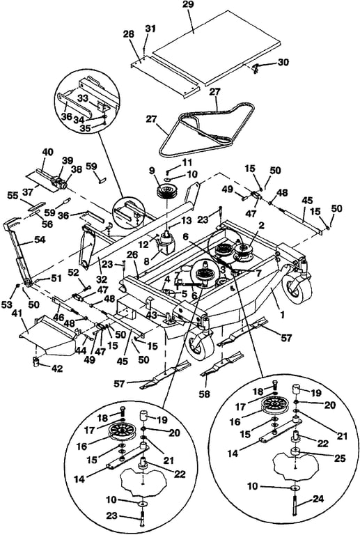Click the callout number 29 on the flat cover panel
(x=188, y=5)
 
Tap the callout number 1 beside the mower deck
(x=282, y=316)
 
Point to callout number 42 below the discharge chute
(x=57, y=368)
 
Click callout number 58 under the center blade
(x=205, y=394)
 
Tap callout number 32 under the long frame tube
(x=101, y=279)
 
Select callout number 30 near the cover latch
(x=283, y=62)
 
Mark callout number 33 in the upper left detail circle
(x=83, y=98)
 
